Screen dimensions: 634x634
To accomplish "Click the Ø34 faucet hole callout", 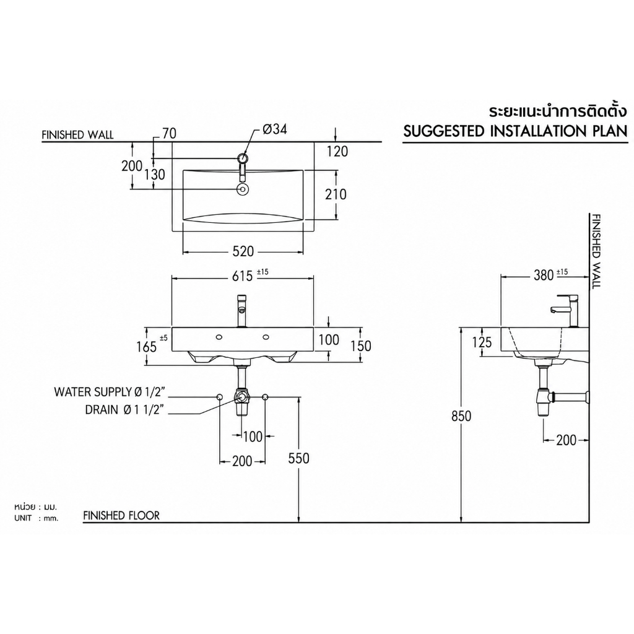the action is pyautogui.click(x=274, y=129).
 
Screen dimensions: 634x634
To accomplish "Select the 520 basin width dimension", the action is pyautogui.click(x=243, y=251).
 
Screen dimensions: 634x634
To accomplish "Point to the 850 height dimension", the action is pyautogui.click(x=461, y=415).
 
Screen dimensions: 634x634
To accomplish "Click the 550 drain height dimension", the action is pyautogui.click(x=298, y=458).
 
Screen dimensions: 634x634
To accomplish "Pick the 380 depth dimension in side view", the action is pyautogui.click(x=544, y=276).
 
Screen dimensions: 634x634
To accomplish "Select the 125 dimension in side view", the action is pyautogui.click(x=482, y=342).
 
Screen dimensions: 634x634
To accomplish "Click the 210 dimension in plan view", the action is pyautogui.click(x=336, y=194).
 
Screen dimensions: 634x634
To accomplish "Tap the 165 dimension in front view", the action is pyautogui.click(x=146, y=347).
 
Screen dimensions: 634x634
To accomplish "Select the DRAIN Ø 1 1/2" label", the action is pyautogui.click(x=124, y=410).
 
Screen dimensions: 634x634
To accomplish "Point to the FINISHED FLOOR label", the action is pyautogui.click(x=121, y=516).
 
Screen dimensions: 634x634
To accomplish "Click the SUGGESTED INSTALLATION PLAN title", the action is pyautogui.click(x=516, y=131).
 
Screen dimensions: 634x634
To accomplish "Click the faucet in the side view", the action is pyautogui.click(x=565, y=310).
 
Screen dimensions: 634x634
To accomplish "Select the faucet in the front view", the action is pyautogui.click(x=241, y=311).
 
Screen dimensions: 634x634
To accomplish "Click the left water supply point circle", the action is pyautogui.click(x=220, y=397).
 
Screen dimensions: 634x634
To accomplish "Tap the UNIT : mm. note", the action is pyautogui.click(x=37, y=518).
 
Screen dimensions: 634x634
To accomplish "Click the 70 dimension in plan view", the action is pyautogui.click(x=170, y=133).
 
